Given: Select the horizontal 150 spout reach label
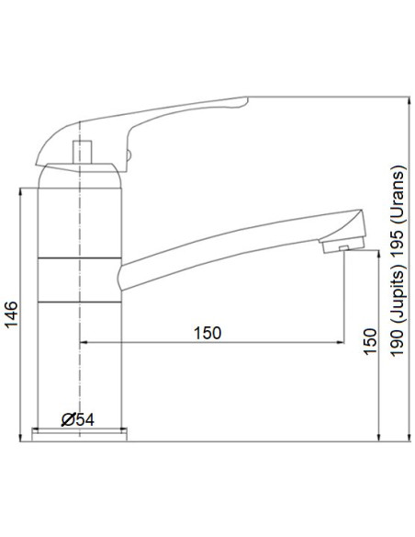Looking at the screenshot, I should click(207, 333).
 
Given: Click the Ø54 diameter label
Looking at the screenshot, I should click(77, 420).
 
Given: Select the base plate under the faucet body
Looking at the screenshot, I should click(79, 433).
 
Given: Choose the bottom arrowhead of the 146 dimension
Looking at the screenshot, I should click(20, 434).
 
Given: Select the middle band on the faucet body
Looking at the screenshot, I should click(79, 281).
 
